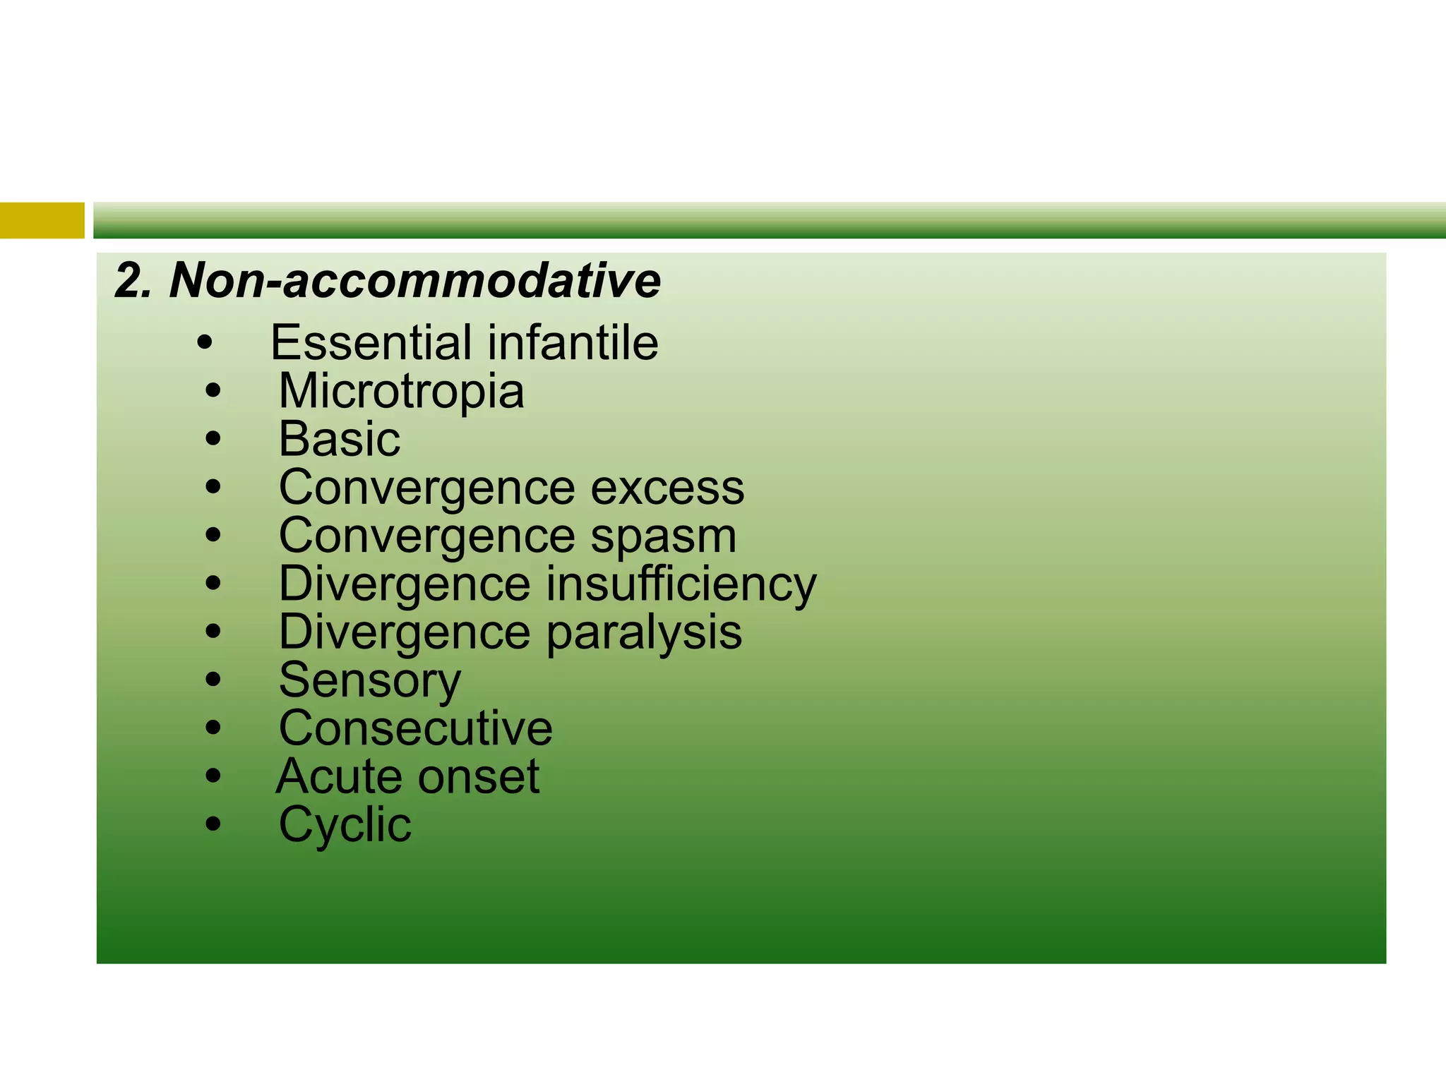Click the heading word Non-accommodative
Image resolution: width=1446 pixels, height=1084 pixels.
(x=415, y=281)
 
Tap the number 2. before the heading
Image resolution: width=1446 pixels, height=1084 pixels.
(x=133, y=281)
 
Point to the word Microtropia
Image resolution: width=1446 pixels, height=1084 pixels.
(x=401, y=391)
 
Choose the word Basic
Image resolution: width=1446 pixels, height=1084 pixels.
(x=340, y=439)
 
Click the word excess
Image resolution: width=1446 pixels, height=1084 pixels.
(x=667, y=488)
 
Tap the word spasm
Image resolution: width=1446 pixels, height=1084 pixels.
(x=664, y=537)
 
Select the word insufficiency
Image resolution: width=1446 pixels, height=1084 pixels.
(x=681, y=584)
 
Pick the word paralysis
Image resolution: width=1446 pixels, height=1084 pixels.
(x=644, y=632)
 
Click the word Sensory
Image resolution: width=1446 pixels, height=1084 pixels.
(x=370, y=681)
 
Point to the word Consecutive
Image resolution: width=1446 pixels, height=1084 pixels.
(x=415, y=728)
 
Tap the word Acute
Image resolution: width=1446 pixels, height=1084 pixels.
(x=338, y=777)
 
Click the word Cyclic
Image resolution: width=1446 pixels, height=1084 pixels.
(x=345, y=825)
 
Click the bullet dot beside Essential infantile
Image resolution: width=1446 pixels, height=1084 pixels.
(x=205, y=344)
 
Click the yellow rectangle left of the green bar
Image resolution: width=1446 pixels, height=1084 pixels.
(x=42, y=220)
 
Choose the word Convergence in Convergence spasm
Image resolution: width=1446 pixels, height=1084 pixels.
(x=426, y=536)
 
